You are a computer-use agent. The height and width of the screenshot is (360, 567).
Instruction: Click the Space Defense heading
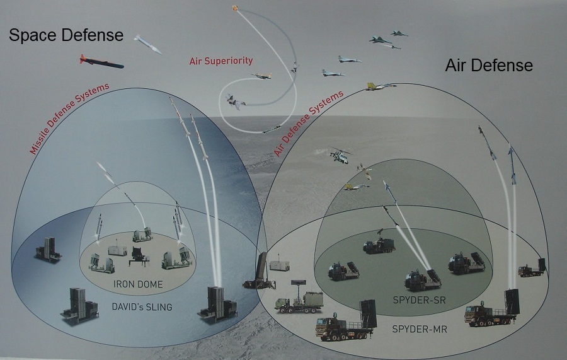click(66, 35)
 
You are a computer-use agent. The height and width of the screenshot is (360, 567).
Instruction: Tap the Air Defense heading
click(489, 65)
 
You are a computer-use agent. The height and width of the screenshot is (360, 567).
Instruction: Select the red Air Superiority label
click(220, 61)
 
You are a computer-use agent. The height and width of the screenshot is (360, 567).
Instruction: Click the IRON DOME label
click(137, 284)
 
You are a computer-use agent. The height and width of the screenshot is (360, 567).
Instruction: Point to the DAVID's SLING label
click(142, 307)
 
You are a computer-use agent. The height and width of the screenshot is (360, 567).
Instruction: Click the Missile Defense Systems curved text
click(69, 118)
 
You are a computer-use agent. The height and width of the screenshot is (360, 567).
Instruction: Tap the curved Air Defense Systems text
click(309, 124)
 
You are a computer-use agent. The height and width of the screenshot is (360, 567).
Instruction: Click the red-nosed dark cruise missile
click(101, 62)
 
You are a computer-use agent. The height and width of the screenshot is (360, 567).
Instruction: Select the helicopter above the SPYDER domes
click(340, 154)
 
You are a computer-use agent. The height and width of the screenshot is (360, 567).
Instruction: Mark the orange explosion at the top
click(235, 8)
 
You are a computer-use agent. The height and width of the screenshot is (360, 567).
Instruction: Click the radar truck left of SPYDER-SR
click(299, 296)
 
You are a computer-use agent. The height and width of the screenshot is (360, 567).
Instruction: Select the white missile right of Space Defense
click(147, 44)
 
